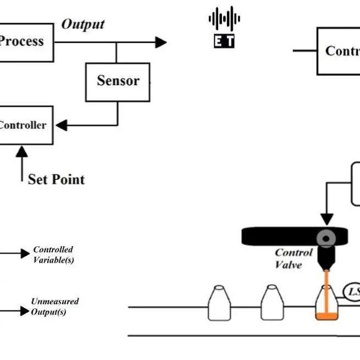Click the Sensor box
pos(118,81)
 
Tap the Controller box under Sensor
pos(25,125)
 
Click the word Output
pos(82,24)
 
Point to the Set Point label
pos(56,179)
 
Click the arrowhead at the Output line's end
pos(160,42)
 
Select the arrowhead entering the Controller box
pos(62,125)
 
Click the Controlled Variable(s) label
pos(53,254)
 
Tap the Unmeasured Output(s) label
pos(55,307)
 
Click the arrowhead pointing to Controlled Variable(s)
pos(25,253)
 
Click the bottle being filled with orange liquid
pos(326,304)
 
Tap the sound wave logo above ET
pos(224,19)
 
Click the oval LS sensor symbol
pos(352,292)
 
